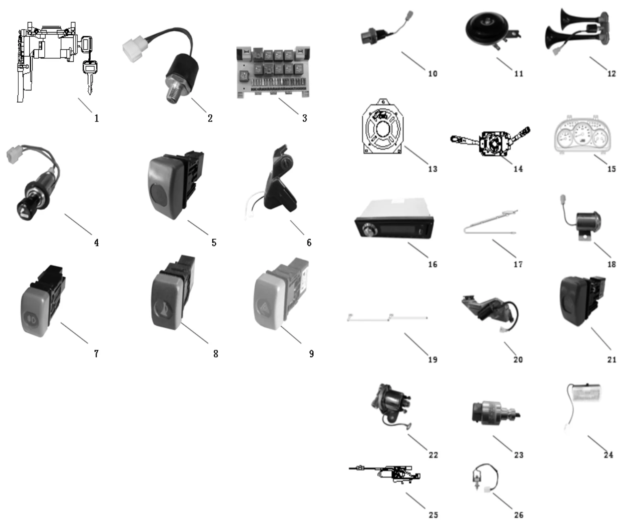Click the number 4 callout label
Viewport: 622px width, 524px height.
click(x=96, y=243)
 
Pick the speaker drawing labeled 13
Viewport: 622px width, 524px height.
click(x=382, y=128)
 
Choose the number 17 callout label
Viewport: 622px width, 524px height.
click(x=517, y=265)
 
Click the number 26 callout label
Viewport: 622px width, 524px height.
click(x=519, y=515)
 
